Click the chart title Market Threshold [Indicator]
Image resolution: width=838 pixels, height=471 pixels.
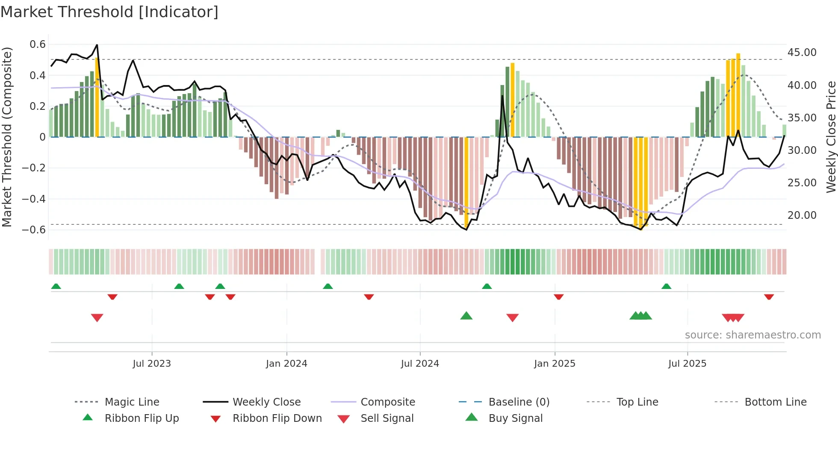point(109,12)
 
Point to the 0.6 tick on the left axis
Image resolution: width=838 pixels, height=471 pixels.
point(37,44)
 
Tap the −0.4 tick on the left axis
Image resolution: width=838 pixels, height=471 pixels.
point(34,199)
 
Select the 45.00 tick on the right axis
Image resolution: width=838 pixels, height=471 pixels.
point(802,53)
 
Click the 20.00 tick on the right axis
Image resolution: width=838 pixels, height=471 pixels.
point(802,215)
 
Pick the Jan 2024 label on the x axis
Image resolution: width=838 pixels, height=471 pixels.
point(286,364)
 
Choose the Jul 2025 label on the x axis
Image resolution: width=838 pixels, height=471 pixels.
point(687,364)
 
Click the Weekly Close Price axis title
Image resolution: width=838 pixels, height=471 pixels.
point(831,137)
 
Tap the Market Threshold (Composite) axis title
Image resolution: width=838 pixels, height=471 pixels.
point(7,137)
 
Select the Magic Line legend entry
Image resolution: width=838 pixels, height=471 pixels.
point(132,402)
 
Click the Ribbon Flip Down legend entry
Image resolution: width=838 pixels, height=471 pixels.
point(277,418)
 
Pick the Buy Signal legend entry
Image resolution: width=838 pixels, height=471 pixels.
point(515,418)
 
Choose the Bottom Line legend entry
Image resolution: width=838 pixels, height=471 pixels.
point(775,402)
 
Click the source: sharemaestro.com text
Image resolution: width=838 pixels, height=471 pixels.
point(752,335)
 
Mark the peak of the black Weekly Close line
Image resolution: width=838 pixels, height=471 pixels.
point(97,44)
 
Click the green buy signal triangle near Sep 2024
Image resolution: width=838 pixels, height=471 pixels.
point(466,316)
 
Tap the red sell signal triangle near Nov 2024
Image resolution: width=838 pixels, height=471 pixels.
point(512,317)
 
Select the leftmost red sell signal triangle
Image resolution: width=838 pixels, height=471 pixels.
point(97,317)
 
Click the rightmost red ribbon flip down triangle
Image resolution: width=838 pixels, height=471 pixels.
point(769,297)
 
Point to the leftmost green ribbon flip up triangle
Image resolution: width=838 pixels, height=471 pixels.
point(56,286)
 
